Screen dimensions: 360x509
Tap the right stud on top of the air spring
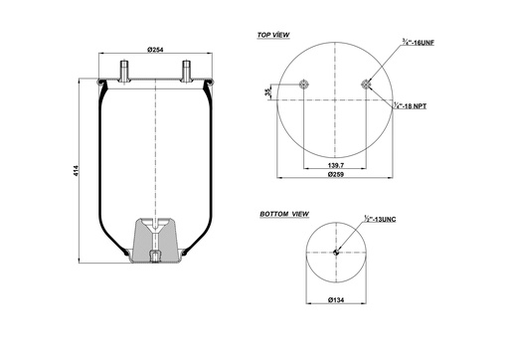pyautogui.click(x=186, y=73)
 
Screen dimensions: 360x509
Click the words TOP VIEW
pyautogui.click(x=273, y=35)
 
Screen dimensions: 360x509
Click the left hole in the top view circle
pyautogui.click(x=301, y=84)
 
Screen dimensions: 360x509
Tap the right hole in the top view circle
pyautogui.click(x=367, y=84)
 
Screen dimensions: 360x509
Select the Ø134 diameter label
pyautogui.click(x=336, y=298)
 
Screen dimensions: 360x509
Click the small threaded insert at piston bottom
pyautogui.click(x=156, y=260)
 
